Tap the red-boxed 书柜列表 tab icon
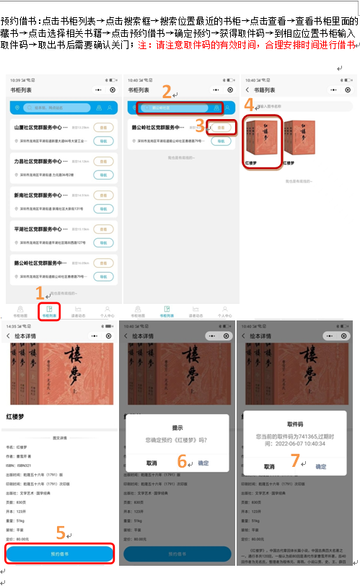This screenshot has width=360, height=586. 50,311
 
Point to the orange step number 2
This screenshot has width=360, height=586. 166,92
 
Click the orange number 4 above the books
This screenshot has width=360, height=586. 249,103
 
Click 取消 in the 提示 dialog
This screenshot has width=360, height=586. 152,463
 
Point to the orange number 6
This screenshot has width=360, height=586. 182,460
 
